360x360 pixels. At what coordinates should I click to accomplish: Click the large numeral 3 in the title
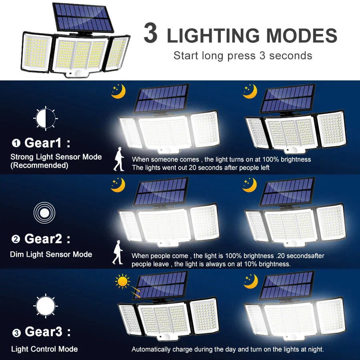coord(151,34)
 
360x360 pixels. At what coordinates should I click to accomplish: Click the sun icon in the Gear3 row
coord(122,282)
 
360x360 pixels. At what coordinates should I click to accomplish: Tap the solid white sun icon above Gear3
coord(45,306)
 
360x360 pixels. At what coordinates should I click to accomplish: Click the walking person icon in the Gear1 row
coord(119,159)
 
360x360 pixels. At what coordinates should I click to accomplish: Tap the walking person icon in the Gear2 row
coord(118,252)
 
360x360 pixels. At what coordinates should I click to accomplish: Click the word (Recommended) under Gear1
coord(39,165)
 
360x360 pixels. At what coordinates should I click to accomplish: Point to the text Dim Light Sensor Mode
coord(51,254)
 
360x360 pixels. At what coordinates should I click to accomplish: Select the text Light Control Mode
coord(44,349)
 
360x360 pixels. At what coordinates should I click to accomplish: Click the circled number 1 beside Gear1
coord(16,143)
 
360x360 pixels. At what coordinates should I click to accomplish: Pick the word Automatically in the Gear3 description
coord(151,349)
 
